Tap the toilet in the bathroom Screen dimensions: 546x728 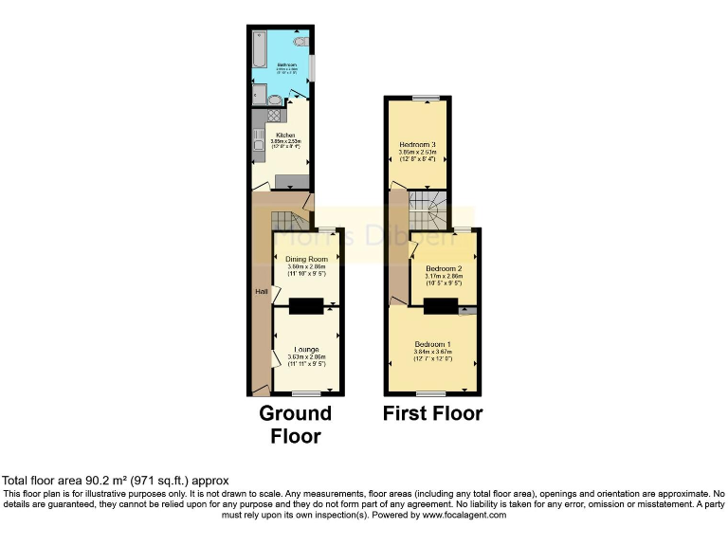(300, 42)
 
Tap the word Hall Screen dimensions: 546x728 (260, 291)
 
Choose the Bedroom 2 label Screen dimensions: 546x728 (444, 268)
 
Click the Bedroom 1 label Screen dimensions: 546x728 (431, 343)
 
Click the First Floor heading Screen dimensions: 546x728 (432, 413)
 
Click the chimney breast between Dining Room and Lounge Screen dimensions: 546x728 (306, 305)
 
